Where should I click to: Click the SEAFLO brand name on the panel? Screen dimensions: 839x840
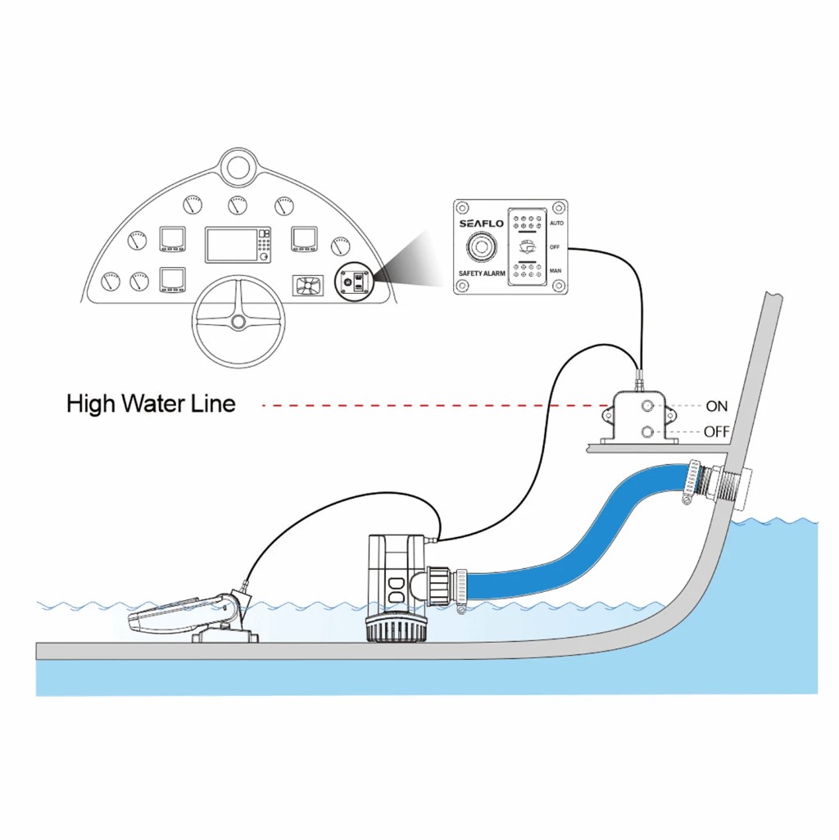point(481,224)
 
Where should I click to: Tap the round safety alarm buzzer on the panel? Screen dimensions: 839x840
point(481,248)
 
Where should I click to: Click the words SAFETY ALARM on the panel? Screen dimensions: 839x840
point(482,273)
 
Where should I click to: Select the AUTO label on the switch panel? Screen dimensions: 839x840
point(556,223)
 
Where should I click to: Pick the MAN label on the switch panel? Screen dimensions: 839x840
point(556,270)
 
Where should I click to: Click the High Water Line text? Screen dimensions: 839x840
point(151,404)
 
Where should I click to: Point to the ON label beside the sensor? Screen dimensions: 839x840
point(717,406)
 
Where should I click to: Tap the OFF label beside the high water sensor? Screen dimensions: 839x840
point(717,431)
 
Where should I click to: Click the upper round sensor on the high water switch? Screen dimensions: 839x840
point(647,406)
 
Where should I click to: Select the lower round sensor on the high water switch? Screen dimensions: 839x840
point(647,431)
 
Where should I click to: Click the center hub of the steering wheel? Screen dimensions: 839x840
point(238,322)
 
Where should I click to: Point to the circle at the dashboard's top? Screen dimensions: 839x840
point(238,167)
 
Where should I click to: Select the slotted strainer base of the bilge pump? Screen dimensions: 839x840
point(396,629)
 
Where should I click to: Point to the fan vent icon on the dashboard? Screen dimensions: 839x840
point(307,286)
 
